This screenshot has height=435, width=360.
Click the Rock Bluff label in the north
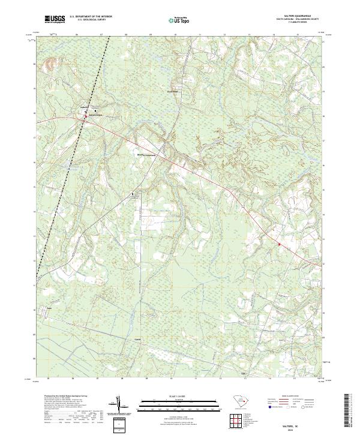[x=172, y=91]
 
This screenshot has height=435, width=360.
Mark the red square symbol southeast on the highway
[x=279, y=244]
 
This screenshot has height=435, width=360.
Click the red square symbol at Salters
[x=85, y=118]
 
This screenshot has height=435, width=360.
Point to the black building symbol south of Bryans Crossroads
[x=133, y=195]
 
